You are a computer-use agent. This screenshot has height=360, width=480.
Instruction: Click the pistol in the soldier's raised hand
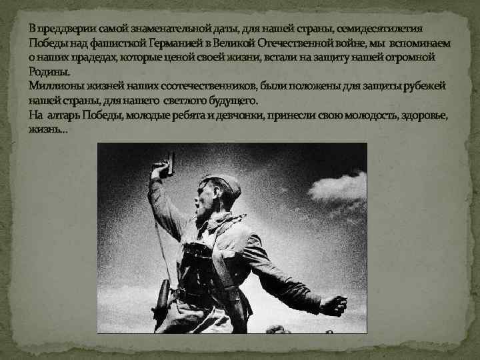pos(166,162)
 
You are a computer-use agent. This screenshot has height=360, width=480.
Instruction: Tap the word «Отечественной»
pos(299,43)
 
